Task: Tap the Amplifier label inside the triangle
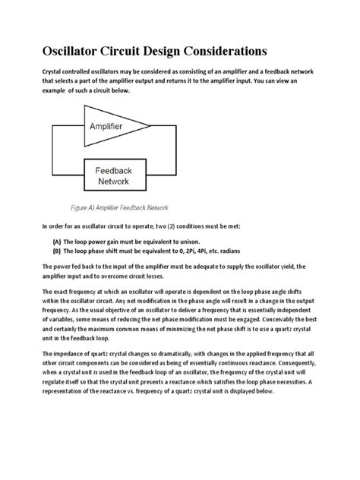coord(114,124)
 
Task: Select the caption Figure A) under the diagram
coord(91,207)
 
